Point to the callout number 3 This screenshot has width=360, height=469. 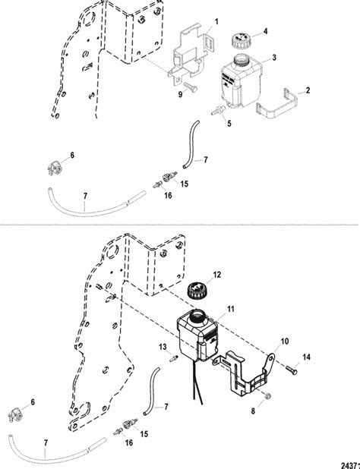273,58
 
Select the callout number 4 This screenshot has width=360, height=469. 265,32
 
